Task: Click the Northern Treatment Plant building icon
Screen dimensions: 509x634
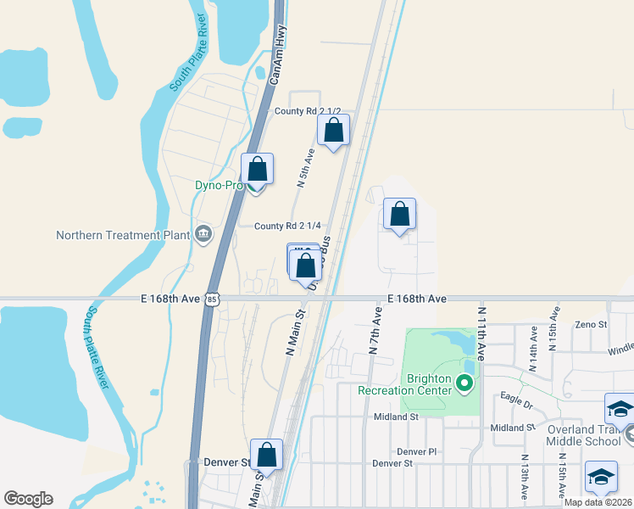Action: [203, 233]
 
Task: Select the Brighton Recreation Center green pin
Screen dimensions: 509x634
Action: [464, 384]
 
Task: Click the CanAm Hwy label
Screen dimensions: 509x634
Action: [278, 53]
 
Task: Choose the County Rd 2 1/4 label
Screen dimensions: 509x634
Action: [287, 225]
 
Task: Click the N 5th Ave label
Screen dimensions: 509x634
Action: [306, 168]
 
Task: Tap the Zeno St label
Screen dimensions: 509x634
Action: [591, 324]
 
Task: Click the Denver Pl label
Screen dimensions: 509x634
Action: [415, 451]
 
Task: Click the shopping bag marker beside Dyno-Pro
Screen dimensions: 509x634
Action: [257, 170]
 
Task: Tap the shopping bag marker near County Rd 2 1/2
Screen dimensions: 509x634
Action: [333, 131]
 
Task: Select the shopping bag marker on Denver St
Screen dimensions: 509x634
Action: [266, 456]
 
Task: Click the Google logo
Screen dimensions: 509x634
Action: [28, 499]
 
